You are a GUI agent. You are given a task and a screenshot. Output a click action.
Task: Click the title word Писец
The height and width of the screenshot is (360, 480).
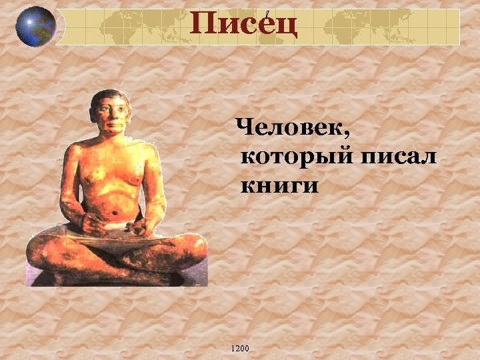pyautogui.click(x=243, y=25)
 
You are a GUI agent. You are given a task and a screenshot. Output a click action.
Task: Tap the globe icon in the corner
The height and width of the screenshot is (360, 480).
pyautogui.click(x=35, y=26)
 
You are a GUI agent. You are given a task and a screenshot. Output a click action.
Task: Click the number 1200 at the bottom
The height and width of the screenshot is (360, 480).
pyautogui.click(x=239, y=348)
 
